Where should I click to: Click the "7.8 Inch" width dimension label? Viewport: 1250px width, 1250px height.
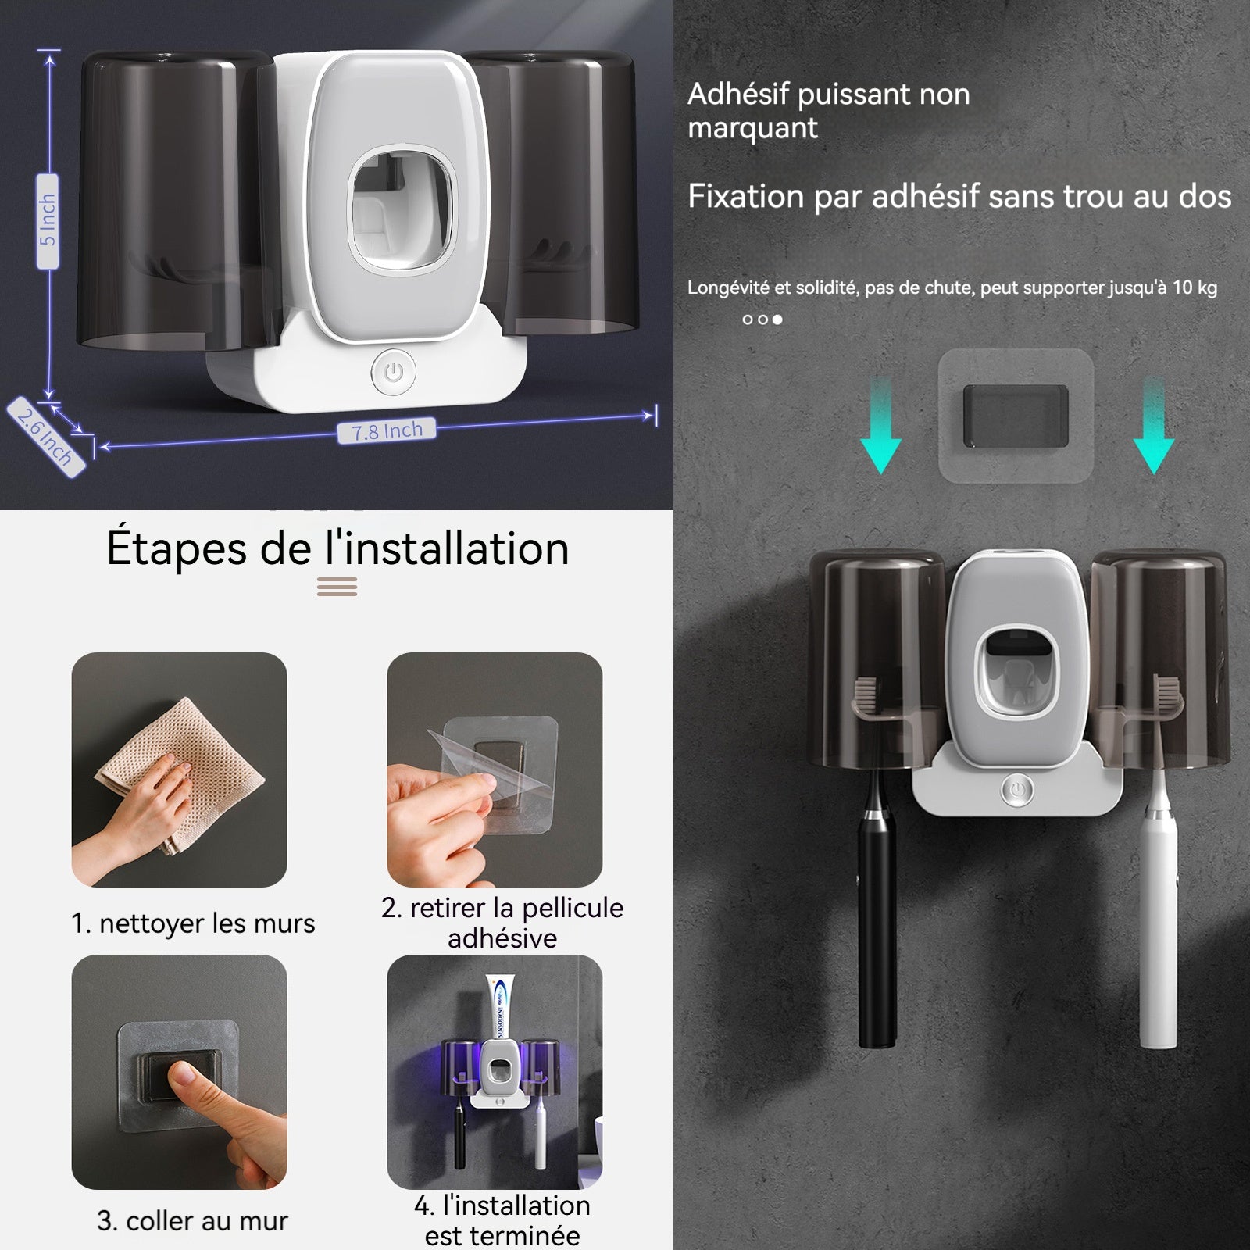[x=386, y=430]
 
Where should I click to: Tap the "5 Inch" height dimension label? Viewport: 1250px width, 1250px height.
[x=48, y=221]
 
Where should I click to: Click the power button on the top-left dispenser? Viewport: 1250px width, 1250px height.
[x=394, y=372]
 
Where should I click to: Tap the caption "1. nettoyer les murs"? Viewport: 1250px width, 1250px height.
[x=193, y=923]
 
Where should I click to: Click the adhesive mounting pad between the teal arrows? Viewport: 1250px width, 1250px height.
[x=1015, y=416]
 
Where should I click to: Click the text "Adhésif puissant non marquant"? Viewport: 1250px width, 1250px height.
[x=829, y=110]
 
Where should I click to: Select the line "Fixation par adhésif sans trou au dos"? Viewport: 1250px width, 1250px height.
[x=959, y=196]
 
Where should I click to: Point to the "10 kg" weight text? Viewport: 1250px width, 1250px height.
[x=1195, y=287]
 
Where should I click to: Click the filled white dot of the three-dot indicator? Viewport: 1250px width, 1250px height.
[x=777, y=320]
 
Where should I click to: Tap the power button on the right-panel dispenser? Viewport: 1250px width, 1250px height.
[x=1017, y=791]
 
